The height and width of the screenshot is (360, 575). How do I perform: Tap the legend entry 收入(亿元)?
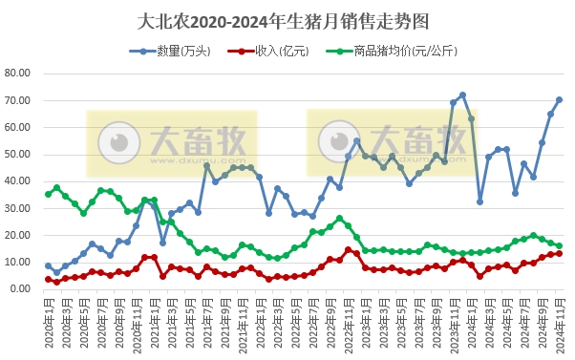tap(277, 51)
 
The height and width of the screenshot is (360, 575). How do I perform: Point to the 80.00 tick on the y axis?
tap(19, 73)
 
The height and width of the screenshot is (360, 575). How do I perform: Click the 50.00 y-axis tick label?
tap(19, 154)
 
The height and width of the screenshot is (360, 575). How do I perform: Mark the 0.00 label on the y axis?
tap(22, 288)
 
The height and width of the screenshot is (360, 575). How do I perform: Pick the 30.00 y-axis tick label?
tap(19, 207)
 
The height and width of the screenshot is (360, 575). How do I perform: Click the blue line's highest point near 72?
tap(462, 95)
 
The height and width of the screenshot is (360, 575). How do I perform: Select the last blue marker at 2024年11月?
tap(559, 99)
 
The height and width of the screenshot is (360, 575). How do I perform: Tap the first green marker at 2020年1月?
tap(48, 194)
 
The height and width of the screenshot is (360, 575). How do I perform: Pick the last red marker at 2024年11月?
tap(559, 253)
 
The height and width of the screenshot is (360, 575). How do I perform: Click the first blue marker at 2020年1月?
tap(48, 265)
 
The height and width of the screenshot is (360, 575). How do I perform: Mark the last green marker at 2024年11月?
tap(559, 245)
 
